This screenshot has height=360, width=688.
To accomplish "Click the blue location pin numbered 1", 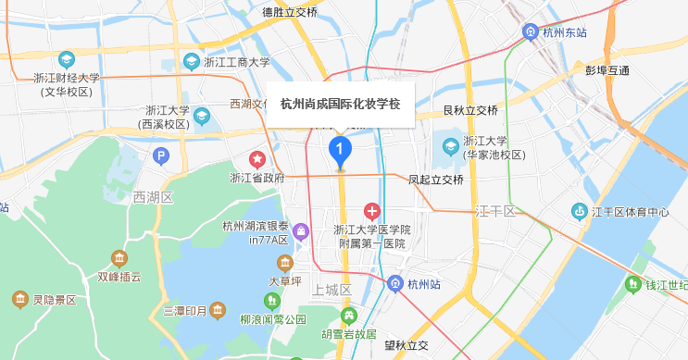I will [x=341, y=149].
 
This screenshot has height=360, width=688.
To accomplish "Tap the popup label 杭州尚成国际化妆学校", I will [x=340, y=104].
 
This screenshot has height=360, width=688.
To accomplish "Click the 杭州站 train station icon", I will [x=395, y=284].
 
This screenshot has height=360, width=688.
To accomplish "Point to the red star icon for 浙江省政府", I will [x=256, y=159].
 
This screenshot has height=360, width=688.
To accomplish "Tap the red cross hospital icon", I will [x=372, y=212].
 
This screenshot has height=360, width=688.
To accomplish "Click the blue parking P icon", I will [x=162, y=155].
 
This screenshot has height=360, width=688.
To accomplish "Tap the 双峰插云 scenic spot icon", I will [x=119, y=257].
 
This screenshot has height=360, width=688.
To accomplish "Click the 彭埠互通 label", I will [x=607, y=70].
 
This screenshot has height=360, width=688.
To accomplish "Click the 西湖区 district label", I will [x=153, y=197].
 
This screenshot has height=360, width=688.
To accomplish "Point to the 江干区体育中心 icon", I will [x=578, y=211].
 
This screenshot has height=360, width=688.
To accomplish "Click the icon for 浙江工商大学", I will [x=192, y=63].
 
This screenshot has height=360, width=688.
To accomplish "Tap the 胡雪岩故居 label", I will [x=348, y=333].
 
